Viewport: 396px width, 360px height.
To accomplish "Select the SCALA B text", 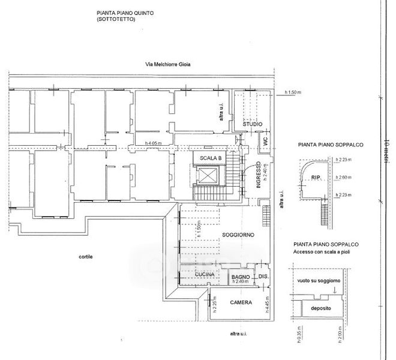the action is point(211,158).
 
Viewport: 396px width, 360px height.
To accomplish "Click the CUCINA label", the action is point(205,275).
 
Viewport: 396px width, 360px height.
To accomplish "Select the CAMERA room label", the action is point(240,302).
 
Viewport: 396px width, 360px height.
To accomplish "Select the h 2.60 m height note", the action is point(344,177).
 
